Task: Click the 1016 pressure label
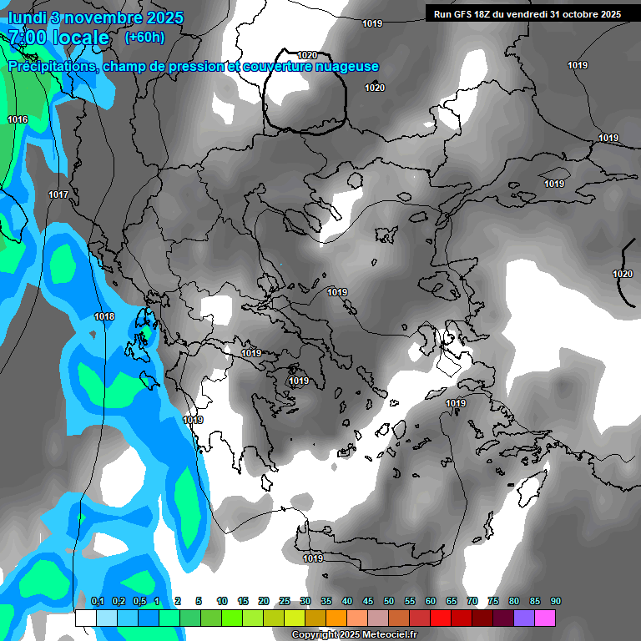(x=18, y=120)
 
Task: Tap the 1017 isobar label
(x=58, y=194)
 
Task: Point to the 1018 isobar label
(x=104, y=316)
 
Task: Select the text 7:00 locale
(x=58, y=38)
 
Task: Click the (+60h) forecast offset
(x=144, y=37)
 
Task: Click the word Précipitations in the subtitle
(x=51, y=67)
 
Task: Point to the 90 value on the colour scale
(x=556, y=601)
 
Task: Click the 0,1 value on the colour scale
(x=97, y=601)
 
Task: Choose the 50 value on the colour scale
(x=389, y=601)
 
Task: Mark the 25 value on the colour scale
(x=285, y=601)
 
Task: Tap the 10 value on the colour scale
(x=222, y=601)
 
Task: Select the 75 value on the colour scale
(x=493, y=601)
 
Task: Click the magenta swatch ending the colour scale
(x=545, y=618)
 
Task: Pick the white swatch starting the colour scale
(x=85, y=618)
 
